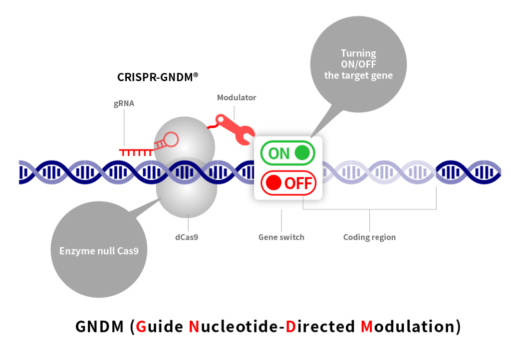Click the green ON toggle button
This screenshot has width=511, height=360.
click(x=288, y=153)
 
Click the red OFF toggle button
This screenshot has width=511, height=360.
click(x=288, y=183)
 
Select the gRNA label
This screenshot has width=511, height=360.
click(x=124, y=104)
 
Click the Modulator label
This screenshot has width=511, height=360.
click(x=236, y=98)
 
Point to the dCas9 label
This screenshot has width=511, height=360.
click(x=187, y=237)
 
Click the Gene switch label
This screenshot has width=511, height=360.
click(x=281, y=237)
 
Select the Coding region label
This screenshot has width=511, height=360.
click(x=369, y=237)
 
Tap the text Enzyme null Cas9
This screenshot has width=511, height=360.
click(x=96, y=250)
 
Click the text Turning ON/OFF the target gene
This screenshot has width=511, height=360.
click(x=358, y=64)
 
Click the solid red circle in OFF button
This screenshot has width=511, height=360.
click(x=273, y=183)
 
